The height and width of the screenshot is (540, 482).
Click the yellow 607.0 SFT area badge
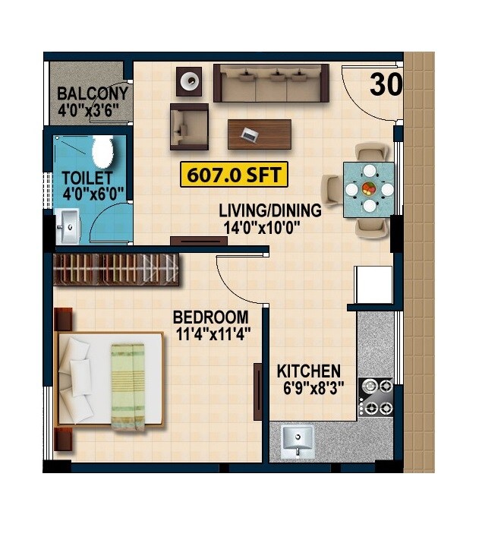pyautogui.click(x=232, y=175)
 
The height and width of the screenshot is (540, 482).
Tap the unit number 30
pyautogui.click(x=386, y=85)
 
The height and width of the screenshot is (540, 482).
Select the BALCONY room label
pyautogui.click(x=93, y=94)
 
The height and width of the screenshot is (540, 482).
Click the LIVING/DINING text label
pyautogui.click(x=269, y=210)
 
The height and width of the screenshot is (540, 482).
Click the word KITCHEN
pyautogui.click(x=308, y=371)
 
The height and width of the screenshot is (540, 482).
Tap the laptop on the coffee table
pyautogui.click(x=248, y=135)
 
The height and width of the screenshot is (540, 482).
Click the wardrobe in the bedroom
pyautogui.click(x=118, y=270)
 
